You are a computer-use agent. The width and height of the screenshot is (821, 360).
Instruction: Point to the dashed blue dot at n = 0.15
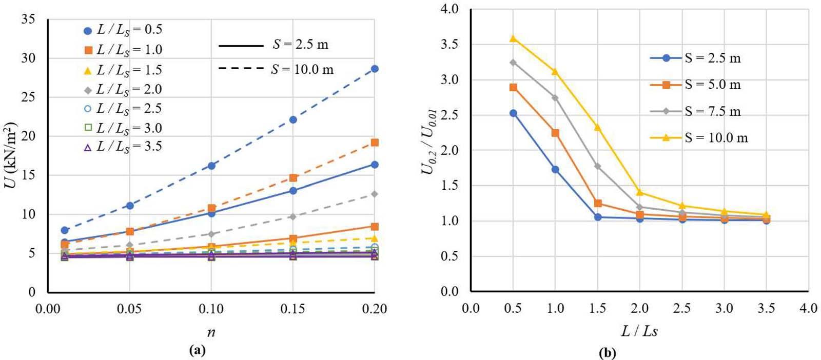[293, 119]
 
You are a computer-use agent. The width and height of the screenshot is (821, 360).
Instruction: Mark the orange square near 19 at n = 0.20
[375, 143]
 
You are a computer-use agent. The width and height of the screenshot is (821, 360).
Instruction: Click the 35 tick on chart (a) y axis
[28, 19]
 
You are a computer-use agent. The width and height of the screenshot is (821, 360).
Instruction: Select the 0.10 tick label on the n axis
[211, 309]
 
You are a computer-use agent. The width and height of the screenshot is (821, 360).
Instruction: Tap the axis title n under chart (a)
[211, 332]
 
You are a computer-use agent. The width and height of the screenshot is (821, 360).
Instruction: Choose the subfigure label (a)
[197, 350]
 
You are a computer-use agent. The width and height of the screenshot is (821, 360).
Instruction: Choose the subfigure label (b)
[607, 353]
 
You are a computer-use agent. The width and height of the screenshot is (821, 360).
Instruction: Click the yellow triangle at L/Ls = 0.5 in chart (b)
[513, 38]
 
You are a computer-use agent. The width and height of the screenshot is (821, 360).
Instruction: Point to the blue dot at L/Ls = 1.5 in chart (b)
[597, 217]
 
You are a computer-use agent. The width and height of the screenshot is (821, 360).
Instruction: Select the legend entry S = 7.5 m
[712, 111]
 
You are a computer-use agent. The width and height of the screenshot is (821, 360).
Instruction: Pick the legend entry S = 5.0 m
[712, 85]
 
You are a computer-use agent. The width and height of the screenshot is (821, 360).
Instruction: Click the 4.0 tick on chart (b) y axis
[449, 9]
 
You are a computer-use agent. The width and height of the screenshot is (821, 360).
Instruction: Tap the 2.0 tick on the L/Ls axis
[639, 308]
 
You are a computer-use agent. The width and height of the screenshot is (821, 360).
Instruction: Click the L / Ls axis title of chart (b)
[639, 331]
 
